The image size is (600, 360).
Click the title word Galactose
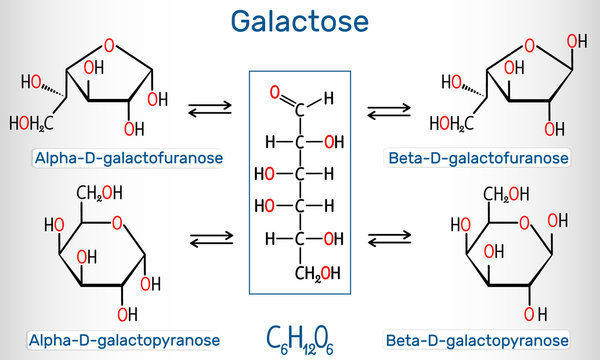pos(299,20)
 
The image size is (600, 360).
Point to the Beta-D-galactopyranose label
pos(497,338)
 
